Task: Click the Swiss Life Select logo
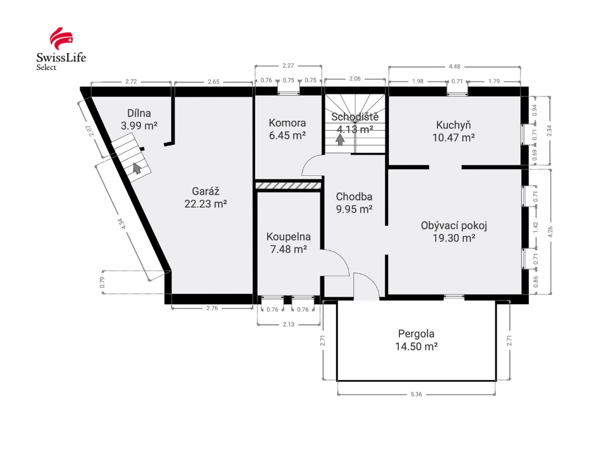tap(61, 49)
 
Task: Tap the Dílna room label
tap(139, 120)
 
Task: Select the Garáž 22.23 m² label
tap(206, 198)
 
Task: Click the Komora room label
tap(287, 129)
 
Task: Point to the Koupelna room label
tap(288, 243)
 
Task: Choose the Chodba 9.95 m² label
tap(354, 202)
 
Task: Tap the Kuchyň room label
tap(453, 131)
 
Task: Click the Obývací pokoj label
tap(454, 232)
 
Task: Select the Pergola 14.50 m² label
tap(416, 340)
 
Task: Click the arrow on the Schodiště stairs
tap(340, 140)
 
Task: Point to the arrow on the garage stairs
tap(137, 168)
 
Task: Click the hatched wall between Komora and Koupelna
tap(288, 185)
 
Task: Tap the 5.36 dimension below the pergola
tap(416, 394)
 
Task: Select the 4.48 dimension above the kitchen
tap(455, 66)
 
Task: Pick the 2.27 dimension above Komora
tap(288, 66)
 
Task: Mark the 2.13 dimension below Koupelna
tap(288, 324)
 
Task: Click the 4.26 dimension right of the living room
tap(550, 232)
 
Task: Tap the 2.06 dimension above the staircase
tap(355, 79)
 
